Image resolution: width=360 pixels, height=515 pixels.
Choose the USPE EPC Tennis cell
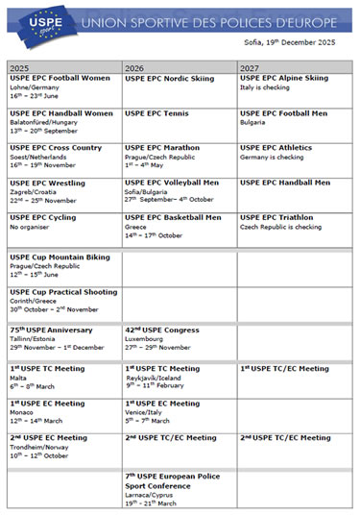(157, 113)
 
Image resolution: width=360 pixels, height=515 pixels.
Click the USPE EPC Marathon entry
(162, 148)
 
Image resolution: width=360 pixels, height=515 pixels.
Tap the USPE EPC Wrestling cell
(47, 183)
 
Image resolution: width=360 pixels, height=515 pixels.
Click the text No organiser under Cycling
(29, 228)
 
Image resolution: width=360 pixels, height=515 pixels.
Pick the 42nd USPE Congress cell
(160, 331)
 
